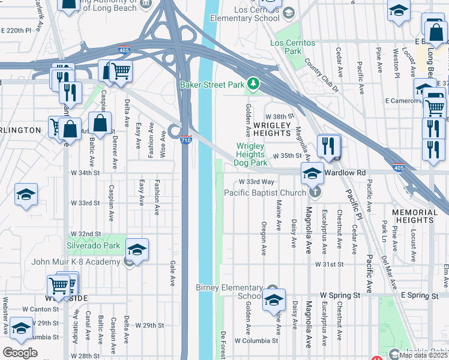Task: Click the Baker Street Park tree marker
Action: click(254, 84)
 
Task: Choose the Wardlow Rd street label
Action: click(345, 172)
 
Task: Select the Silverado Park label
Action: click(93, 246)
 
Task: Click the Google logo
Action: click(20, 352)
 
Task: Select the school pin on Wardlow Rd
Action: click(312, 173)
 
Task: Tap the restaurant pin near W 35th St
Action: click(328, 146)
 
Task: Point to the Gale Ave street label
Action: click(172, 272)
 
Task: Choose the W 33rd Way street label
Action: click(257, 181)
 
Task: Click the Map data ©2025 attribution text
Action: click(423, 355)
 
